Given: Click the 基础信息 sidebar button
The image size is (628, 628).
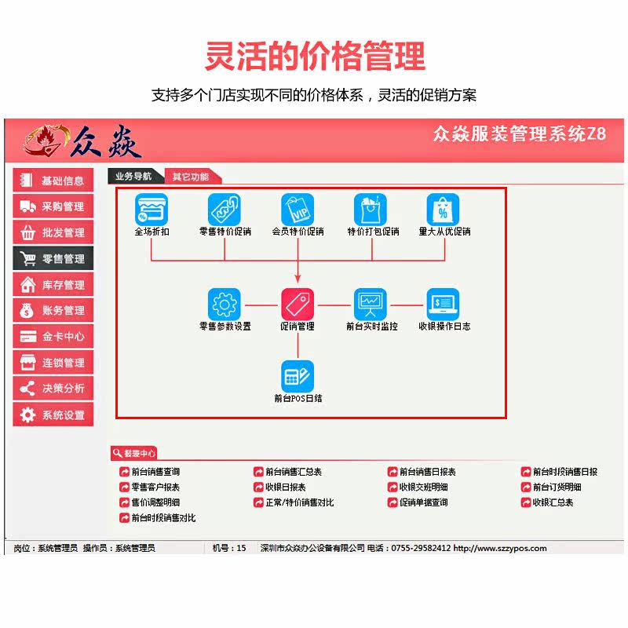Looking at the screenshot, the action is pyautogui.click(x=53, y=181).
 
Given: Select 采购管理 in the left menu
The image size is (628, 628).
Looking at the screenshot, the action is pyautogui.click(x=53, y=206).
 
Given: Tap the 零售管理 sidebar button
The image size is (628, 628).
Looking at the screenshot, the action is pyautogui.click(x=53, y=258).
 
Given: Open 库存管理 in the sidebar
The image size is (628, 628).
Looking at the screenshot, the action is pyautogui.click(x=53, y=284).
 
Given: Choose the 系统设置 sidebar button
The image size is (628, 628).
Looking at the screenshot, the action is pyautogui.click(x=53, y=414).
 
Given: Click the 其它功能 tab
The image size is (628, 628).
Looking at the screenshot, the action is pyautogui.click(x=191, y=177).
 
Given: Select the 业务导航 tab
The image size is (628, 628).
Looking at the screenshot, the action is pyautogui.click(x=133, y=177).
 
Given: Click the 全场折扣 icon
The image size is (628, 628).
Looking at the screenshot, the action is pyautogui.click(x=152, y=210).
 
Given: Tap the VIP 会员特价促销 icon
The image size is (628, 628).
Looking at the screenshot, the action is pyautogui.click(x=298, y=210).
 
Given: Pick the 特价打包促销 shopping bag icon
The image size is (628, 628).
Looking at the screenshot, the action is pyautogui.click(x=371, y=210).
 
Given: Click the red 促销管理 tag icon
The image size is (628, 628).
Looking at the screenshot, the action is pyautogui.click(x=298, y=304).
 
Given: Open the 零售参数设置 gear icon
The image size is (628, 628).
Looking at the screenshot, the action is pyautogui.click(x=225, y=304).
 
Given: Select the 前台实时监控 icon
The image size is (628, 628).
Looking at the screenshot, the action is pyautogui.click(x=371, y=304).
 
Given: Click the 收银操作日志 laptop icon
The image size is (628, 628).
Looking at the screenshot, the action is pyautogui.click(x=444, y=304).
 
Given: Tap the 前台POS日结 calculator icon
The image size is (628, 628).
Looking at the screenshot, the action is pyautogui.click(x=298, y=376).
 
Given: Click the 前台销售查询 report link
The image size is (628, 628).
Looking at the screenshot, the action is pyautogui.click(x=155, y=472).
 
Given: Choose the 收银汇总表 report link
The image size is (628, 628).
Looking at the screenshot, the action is pyautogui.click(x=553, y=502).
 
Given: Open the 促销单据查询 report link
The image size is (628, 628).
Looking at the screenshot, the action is pyautogui.click(x=423, y=502).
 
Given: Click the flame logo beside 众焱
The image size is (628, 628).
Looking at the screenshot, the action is pyautogui.click(x=43, y=141).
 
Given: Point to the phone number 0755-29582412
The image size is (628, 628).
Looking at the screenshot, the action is pyautogui.click(x=420, y=548).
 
